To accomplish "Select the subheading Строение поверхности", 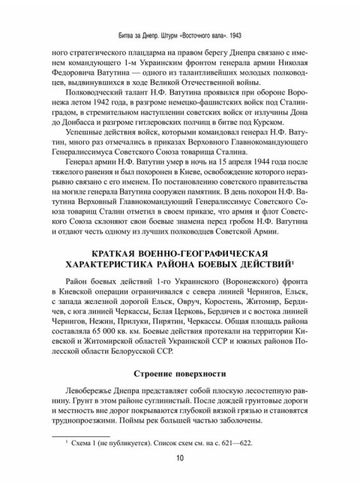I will point(180,373).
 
